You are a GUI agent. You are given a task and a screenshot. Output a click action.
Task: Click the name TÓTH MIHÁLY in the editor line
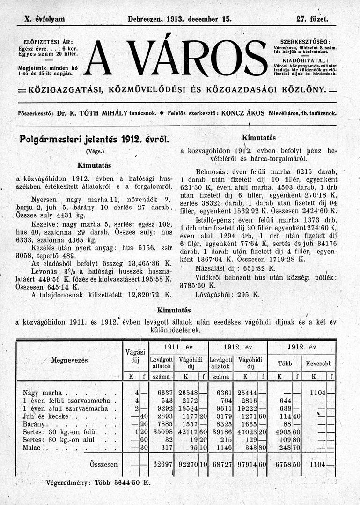point(105,113)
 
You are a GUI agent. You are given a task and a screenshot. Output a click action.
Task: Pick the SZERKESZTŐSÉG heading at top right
point(305,42)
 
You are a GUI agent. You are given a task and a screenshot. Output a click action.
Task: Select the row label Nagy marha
point(44,392)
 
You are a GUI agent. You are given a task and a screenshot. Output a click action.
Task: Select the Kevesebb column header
point(318,363)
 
